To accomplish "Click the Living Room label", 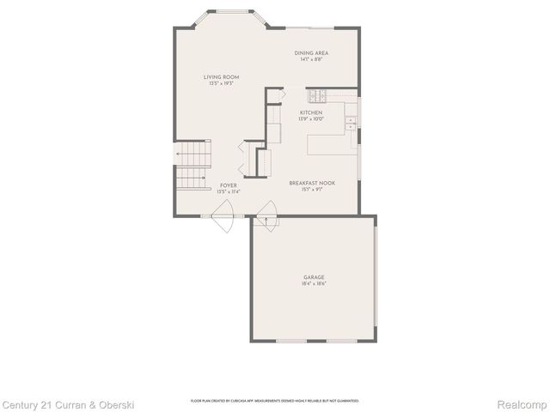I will pos(222,77).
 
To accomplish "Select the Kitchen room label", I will pos(311,112).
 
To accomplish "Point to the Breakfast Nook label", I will pos(311,184).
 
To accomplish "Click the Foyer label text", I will pos(228,185).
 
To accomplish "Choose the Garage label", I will pos(313,277).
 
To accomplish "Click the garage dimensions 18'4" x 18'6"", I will pos(313,283).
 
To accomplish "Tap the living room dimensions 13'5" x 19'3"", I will pos(222,83).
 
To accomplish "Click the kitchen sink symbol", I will pos(351,122).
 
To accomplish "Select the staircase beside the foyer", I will pos(193,167).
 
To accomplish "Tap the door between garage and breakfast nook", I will pos(266,214).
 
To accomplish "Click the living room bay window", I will pos(227,15).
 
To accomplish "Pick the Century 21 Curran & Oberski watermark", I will pos(68,403).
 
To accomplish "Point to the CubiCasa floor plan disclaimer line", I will pos(275,401).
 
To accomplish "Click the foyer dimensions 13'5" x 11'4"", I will pos(228,191).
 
